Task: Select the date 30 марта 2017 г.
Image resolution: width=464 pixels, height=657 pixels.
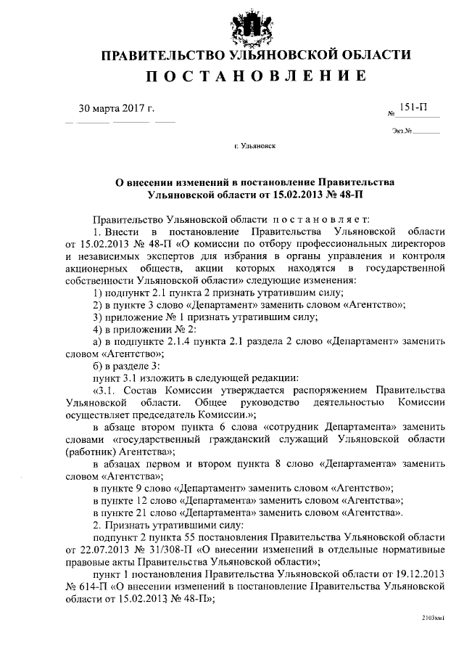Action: click(x=116, y=110)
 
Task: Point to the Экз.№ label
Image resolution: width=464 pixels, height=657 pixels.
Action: click(x=401, y=131)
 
